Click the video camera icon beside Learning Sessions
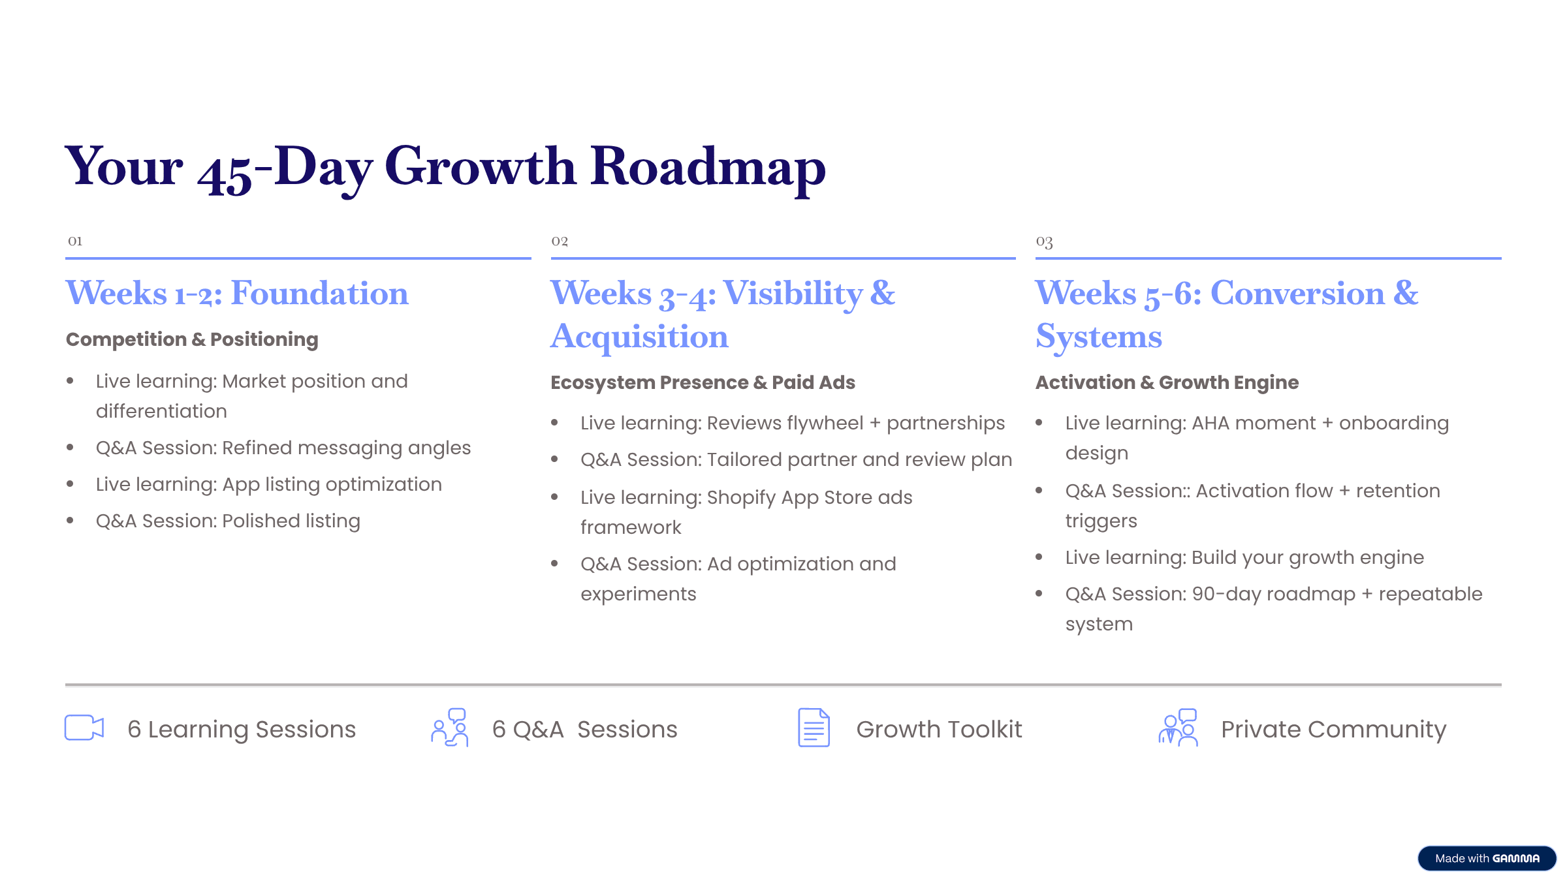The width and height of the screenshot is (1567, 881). (x=84, y=728)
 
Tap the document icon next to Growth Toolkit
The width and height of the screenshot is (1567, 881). (x=814, y=728)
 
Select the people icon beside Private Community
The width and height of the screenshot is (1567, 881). (x=1178, y=728)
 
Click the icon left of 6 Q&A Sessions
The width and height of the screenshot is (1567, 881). (x=450, y=728)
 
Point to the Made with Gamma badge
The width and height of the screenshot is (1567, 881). (x=1487, y=858)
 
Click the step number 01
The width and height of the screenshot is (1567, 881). (x=75, y=241)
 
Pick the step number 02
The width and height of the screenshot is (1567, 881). (x=560, y=241)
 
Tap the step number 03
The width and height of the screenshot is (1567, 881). (x=1044, y=241)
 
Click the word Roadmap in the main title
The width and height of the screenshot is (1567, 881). (x=708, y=168)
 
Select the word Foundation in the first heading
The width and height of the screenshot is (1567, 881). (x=319, y=292)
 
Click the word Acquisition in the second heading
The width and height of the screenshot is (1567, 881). (x=639, y=336)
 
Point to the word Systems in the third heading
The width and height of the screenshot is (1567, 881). (x=1099, y=337)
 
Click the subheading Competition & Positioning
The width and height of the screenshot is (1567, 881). (x=192, y=339)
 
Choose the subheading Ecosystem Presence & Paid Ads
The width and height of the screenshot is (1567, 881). (x=703, y=382)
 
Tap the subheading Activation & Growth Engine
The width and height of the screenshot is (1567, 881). (x=1167, y=382)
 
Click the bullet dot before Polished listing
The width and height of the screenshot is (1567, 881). (x=70, y=520)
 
